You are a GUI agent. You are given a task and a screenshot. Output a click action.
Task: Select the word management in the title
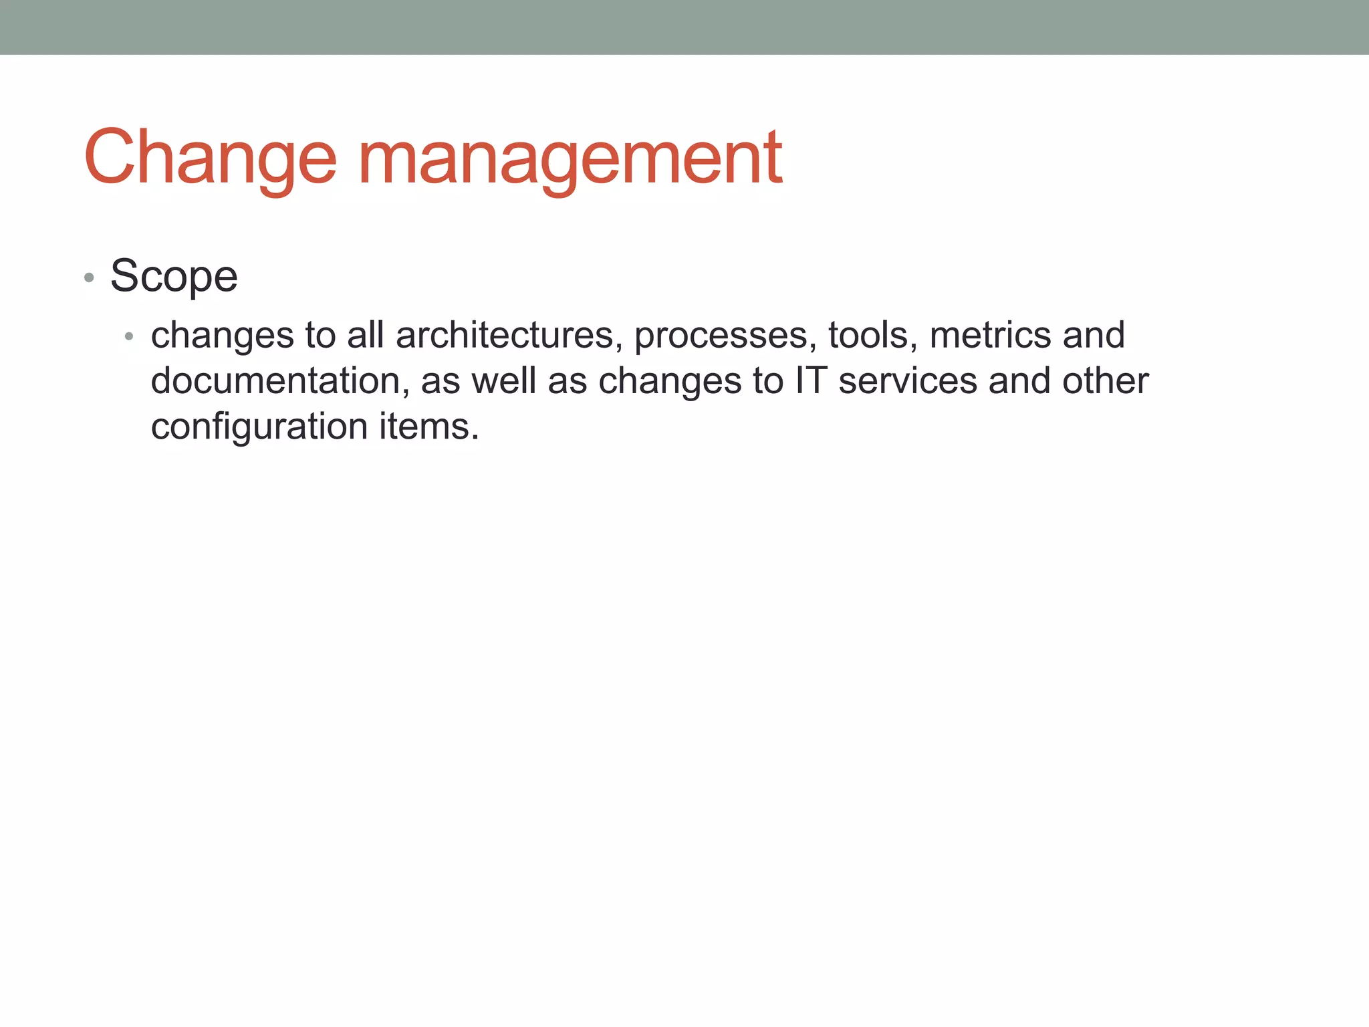tap(570, 158)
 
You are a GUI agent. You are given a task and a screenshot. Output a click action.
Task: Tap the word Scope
tap(174, 276)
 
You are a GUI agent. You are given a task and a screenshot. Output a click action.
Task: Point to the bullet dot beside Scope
tap(89, 277)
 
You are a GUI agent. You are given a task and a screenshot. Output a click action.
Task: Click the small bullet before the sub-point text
tap(129, 336)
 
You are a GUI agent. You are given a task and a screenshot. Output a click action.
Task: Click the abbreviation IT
tap(811, 380)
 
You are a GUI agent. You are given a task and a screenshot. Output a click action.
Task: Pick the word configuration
tap(259, 427)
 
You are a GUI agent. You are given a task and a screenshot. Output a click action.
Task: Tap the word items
tap(428, 426)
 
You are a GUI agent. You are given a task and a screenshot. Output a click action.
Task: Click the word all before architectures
tap(365, 335)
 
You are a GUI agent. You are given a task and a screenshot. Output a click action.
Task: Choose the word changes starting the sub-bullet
tap(223, 336)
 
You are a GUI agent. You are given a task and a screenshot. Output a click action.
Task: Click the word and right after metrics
tap(1094, 335)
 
